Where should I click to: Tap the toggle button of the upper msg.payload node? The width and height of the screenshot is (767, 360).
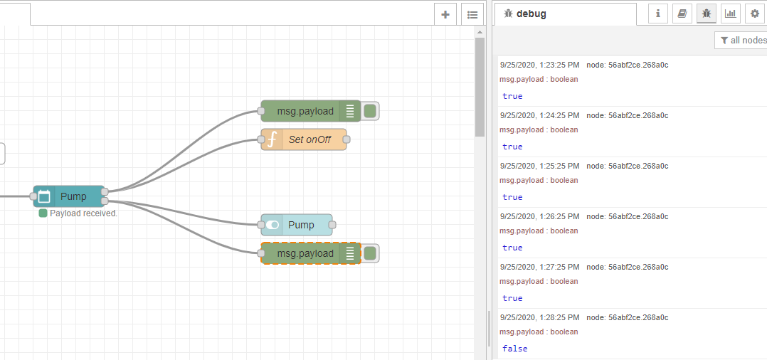370,111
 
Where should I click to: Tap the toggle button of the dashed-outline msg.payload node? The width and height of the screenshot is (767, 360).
370,253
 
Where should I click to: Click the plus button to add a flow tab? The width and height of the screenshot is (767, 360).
445,14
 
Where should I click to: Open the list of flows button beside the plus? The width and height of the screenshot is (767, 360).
472,14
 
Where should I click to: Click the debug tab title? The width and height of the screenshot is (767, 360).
531,14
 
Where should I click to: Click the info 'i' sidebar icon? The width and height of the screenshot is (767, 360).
657,13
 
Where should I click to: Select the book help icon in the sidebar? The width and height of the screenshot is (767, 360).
682,13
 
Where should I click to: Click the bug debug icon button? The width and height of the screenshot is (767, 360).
707,13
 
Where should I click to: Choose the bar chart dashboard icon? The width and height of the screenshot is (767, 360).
731,13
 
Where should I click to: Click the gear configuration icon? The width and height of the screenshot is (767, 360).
755,13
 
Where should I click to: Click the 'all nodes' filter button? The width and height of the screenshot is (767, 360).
743,41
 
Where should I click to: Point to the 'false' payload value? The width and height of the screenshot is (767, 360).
514,349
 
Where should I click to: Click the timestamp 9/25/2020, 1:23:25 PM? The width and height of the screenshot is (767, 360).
539,65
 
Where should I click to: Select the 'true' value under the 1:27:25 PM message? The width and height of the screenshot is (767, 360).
512,298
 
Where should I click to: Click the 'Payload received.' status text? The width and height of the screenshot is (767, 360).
83,213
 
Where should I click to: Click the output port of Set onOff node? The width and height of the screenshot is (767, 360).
347,139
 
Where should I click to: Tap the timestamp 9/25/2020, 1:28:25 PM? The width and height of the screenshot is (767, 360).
539,317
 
